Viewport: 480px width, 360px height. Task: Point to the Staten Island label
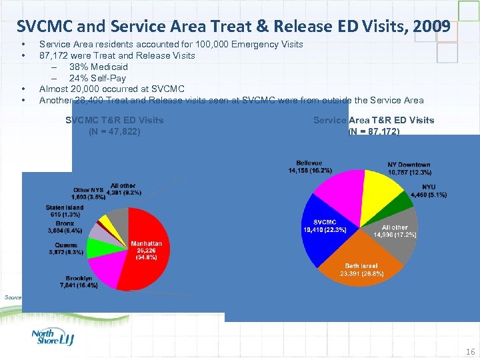[x=64, y=211]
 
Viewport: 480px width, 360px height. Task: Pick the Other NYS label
[x=89, y=194]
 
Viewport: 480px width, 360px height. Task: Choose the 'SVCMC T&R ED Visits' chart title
[x=115, y=120]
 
